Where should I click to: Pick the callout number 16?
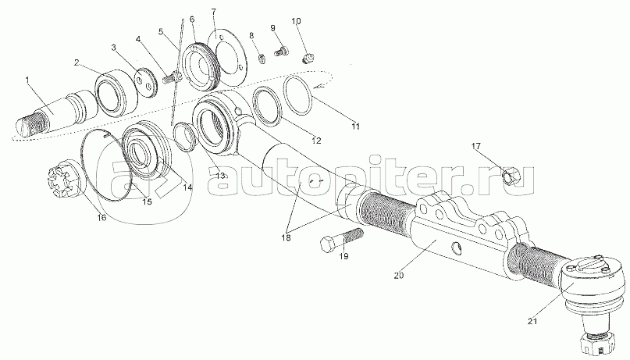pos(101,218)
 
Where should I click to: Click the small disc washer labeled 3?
pos(144,80)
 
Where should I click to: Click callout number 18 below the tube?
pos(287,236)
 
